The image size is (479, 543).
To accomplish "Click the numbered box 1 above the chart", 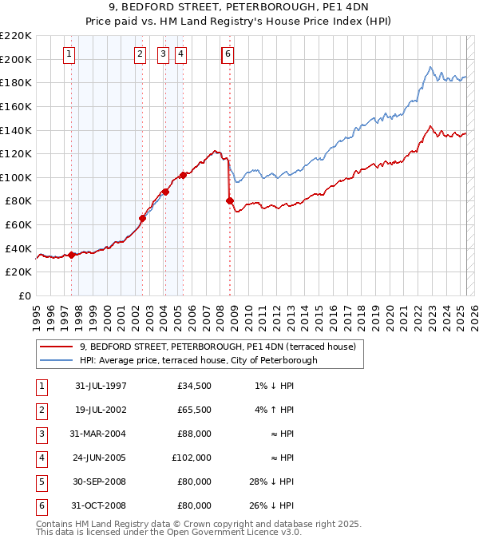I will pyautogui.click(x=69, y=54).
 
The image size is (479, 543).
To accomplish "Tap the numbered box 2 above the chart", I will pyautogui.click(x=141, y=54).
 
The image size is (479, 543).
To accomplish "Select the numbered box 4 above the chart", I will pyautogui.click(x=180, y=54).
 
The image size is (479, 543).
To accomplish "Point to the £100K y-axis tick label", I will pyautogui.click(x=16, y=177).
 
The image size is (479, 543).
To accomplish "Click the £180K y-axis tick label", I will pyautogui.click(x=16, y=82).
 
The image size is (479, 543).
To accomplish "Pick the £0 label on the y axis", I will pyautogui.click(x=26, y=295).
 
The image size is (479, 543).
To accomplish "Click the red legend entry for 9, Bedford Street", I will pyautogui.click(x=222, y=347).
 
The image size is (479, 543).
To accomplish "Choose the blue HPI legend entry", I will pyautogui.click(x=198, y=360).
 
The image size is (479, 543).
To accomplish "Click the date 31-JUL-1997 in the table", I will pyautogui.click(x=101, y=386).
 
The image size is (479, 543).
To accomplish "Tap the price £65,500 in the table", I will pyautogui.click(x=195, y=410).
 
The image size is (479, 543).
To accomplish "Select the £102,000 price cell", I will pyautogui.click(x=192, y=458).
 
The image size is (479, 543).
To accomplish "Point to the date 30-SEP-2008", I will pyautogui.click(x=101, y=482).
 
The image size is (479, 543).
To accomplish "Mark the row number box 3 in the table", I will pyautogui.click(x=41, y=434).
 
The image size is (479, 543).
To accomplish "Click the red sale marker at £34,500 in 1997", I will pyautogui.click(x=71, y=255).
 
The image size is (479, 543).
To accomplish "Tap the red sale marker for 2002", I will pyautogui.click(x=142, y=218).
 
